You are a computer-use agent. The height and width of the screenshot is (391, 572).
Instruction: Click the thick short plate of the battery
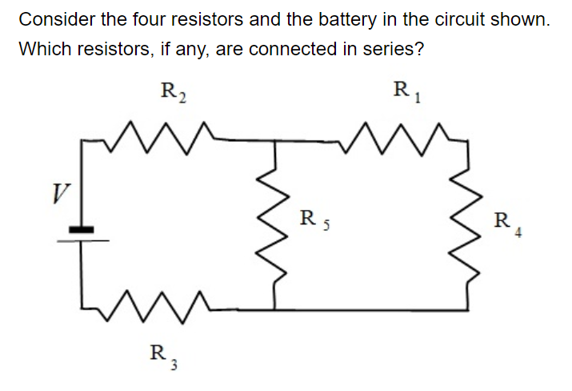pyautogui.click(x=80, y=230)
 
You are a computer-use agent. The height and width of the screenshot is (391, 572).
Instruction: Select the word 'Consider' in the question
pyautogui.click(x=50, y=20)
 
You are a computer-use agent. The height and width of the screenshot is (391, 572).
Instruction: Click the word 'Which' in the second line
pyautogui.click(x=42, y=49)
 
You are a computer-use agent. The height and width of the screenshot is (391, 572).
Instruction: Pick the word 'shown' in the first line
pyautogui.click(x=526, y=20)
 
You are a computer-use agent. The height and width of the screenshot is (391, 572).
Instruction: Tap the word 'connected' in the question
pyautogui.click(x=292, y=49)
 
